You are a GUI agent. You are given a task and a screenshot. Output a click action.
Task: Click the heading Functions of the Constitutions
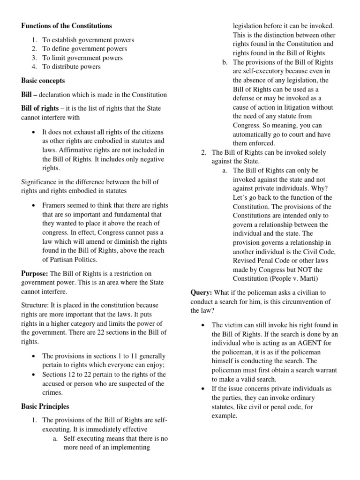(x=67, y=25)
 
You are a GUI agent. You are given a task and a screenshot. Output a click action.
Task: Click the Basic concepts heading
(x=43, y=81)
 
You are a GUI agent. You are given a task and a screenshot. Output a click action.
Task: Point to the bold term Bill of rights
(x=41, y=108)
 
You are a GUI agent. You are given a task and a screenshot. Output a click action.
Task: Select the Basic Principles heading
(x=45, y=406)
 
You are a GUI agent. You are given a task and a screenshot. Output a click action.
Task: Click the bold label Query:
(x=201, y=292)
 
